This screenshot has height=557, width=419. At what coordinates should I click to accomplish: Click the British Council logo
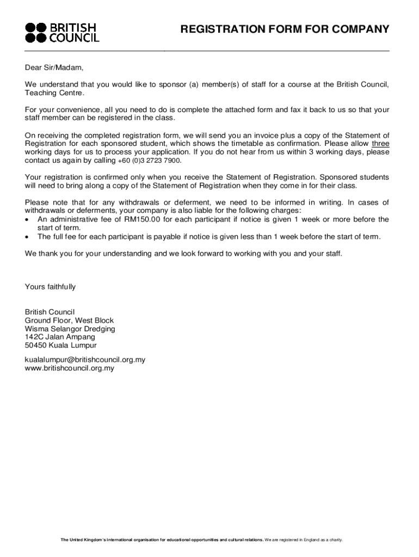[62, 32]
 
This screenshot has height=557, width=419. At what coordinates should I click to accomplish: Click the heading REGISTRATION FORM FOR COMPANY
[285, 29]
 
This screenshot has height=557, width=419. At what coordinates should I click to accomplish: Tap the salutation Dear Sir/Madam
[54, 68]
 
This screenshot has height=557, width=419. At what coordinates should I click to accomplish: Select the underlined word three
[380, 144]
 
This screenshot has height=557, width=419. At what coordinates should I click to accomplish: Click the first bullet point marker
[28, 220]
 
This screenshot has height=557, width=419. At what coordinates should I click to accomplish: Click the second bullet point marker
[28, 237]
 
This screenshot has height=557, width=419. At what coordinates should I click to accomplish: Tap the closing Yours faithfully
[50, 287]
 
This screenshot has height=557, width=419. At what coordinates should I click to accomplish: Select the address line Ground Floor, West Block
[69, 320]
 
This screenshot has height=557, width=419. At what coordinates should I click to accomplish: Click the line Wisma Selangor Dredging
[70, 329]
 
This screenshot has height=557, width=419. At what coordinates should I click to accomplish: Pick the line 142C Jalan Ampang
[60, 337]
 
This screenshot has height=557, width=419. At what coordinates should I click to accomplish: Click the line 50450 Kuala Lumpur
[60, 345]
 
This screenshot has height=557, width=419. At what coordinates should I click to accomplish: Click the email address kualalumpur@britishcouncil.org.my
[85, 360]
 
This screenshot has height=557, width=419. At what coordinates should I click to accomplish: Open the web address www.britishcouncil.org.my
[70, 368]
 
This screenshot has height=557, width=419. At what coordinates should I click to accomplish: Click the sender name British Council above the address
[50, 312]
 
